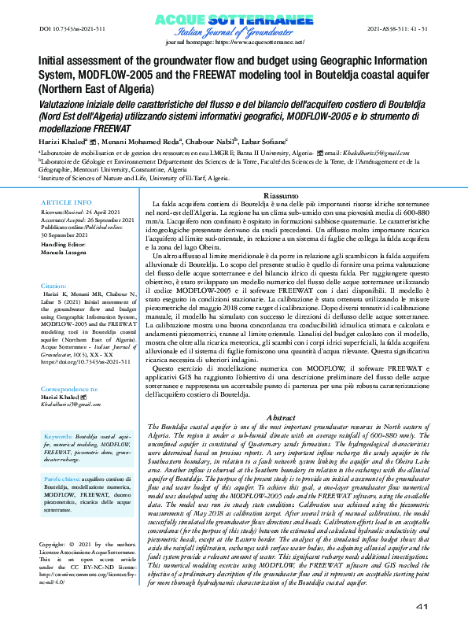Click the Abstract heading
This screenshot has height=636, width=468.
[x=281, y=416]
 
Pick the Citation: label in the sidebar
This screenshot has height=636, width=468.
[x=55, y=286]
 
